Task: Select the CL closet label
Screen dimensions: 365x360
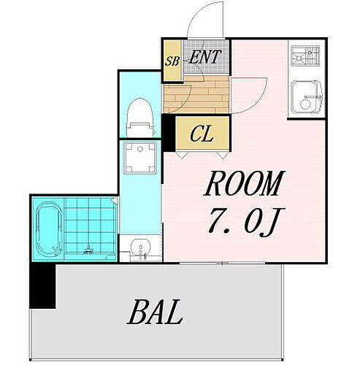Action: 202,134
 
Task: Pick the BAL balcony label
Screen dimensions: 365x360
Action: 156,314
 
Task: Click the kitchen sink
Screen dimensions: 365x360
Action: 306,96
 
